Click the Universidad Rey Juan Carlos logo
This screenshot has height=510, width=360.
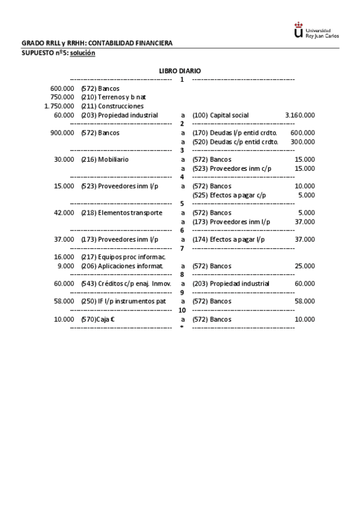pyautogui.click(x=316, y=31)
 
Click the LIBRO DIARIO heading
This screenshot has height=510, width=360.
pyautogui.click(x=180, y=71)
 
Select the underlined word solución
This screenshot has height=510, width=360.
pyautogui.click(x=82, y=53)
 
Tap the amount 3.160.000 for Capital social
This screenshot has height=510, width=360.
pyautogui.click(x=299, y=115)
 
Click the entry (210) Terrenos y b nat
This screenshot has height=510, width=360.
pyautogui.click(x=114, y=97)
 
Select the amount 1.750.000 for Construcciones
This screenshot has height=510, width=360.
pyautogui.click(x=59, y=106)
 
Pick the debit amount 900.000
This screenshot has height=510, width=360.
pyautogui.click(x=63, y=133)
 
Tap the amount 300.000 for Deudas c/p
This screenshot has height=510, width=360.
pyautogui.click(x=302, y=142)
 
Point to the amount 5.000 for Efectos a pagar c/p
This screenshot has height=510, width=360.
pyautogui.click(x=306, y=195)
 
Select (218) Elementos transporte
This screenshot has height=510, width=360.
pyautogui.click(x=121, y=213)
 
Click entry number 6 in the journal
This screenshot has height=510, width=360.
pyautogui.click(x=182, y=230)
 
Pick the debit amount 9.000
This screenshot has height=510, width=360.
pyautogui.click(x=66, y=266)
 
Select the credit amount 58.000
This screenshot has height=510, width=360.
pyautogui.click(x=304, y=301)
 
